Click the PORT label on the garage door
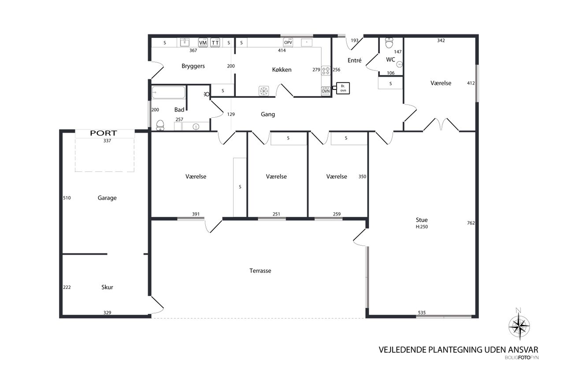(104, 133)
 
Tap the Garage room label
(107, 198)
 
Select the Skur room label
(107, 287)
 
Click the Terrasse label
(260, 271)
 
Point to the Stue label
(422, 220)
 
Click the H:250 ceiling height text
(422, 227)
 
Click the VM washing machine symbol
(203, 43)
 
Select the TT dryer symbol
(215, 43)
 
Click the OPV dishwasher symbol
(288, 43)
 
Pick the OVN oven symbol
(326, 91)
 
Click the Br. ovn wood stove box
(343, 88)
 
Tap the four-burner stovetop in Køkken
(326, 71)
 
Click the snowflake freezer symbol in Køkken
(263, 91)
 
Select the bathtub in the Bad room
(168, 93)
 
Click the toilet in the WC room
(389, 43)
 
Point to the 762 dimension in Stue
(471, 223)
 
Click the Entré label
(354, 60)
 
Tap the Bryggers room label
(193, 66)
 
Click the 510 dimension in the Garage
(67, 198)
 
